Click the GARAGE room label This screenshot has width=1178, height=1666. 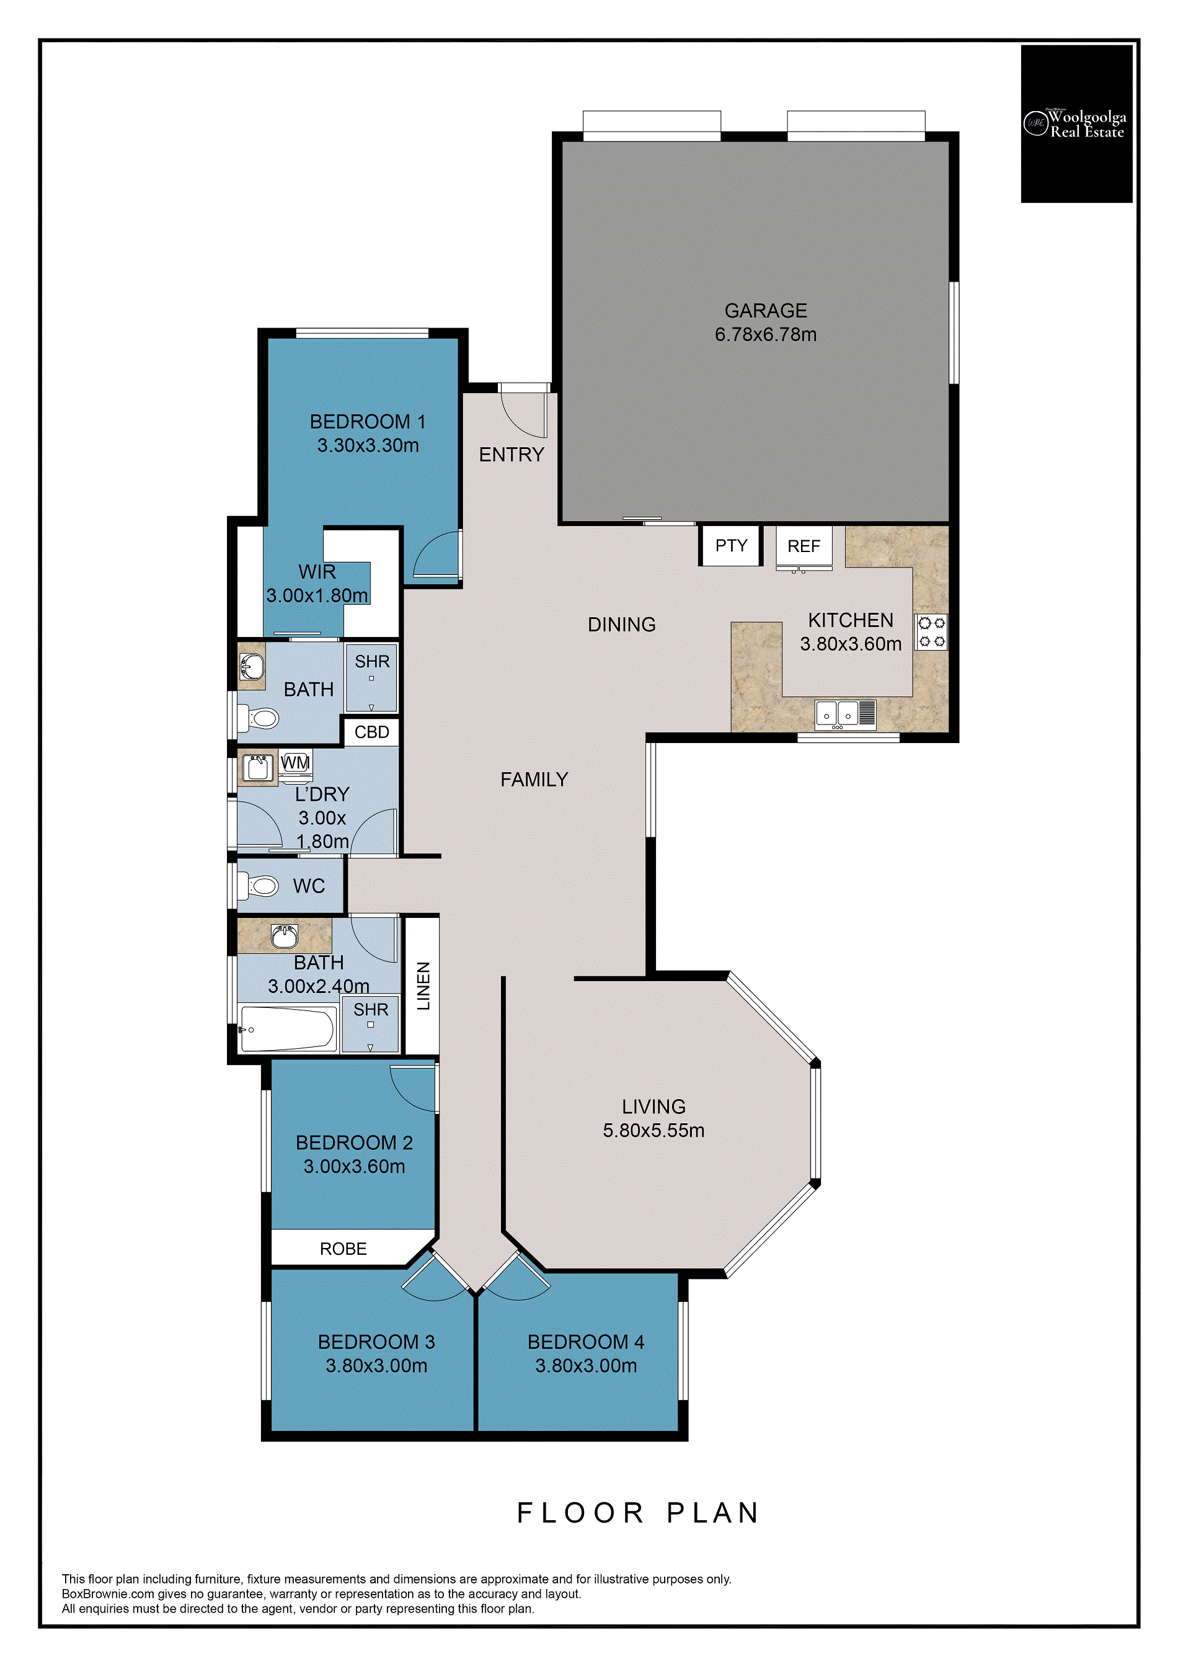coord(765,311)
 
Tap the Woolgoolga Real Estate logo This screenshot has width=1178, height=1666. coord(1076,124)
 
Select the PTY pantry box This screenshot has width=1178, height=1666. coord(730,546)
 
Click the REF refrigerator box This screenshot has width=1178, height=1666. coord(804,546)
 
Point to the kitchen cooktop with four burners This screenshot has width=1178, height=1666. coord(931,632)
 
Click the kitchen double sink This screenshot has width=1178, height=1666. coord(845,715)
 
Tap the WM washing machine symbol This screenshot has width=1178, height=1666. coord(295,763)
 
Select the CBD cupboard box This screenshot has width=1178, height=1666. coord(371,732)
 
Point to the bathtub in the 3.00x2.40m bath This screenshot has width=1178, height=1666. coord(287,1028)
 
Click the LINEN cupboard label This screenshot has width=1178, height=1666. coord(423,986)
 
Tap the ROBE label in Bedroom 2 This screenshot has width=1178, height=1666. coord(343,1249)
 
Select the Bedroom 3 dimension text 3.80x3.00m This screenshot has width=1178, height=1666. coord(376,1366)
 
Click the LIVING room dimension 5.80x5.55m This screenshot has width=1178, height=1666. coord(653,1131)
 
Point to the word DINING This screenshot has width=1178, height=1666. coord(622,624)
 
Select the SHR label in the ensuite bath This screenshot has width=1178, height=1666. coord(372,662)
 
